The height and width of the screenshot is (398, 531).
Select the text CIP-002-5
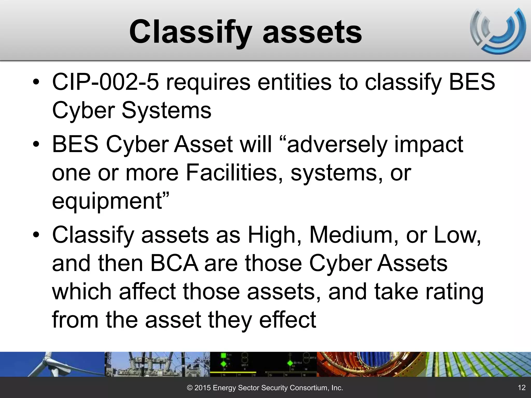point(105,82)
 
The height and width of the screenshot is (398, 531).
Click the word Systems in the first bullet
point(166,111)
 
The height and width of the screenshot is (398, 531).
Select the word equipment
point(107,201)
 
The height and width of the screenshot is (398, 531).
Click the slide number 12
point(521,388)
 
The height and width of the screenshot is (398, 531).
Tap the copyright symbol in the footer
point(190,388)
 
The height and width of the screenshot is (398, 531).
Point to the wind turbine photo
point(52,364)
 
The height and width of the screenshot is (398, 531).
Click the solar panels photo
point(478,364)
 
